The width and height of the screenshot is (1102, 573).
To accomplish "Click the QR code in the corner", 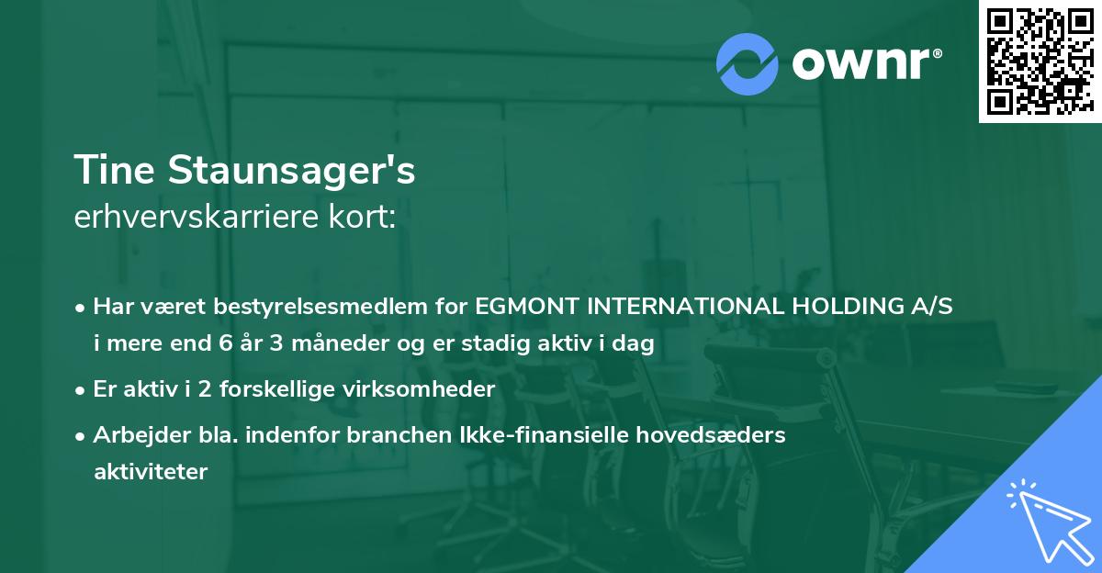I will [1040, 61].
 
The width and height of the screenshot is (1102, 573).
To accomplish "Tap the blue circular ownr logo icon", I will [748, 63].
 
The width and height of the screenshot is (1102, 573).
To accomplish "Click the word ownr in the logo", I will [865, 63].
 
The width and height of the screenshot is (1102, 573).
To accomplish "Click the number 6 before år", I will [227, 344].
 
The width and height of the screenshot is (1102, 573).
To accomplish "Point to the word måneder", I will [320, 344].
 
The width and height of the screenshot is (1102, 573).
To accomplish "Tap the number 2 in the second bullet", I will [187, 389].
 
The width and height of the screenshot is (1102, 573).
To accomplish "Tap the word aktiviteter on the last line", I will [151, 472].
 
